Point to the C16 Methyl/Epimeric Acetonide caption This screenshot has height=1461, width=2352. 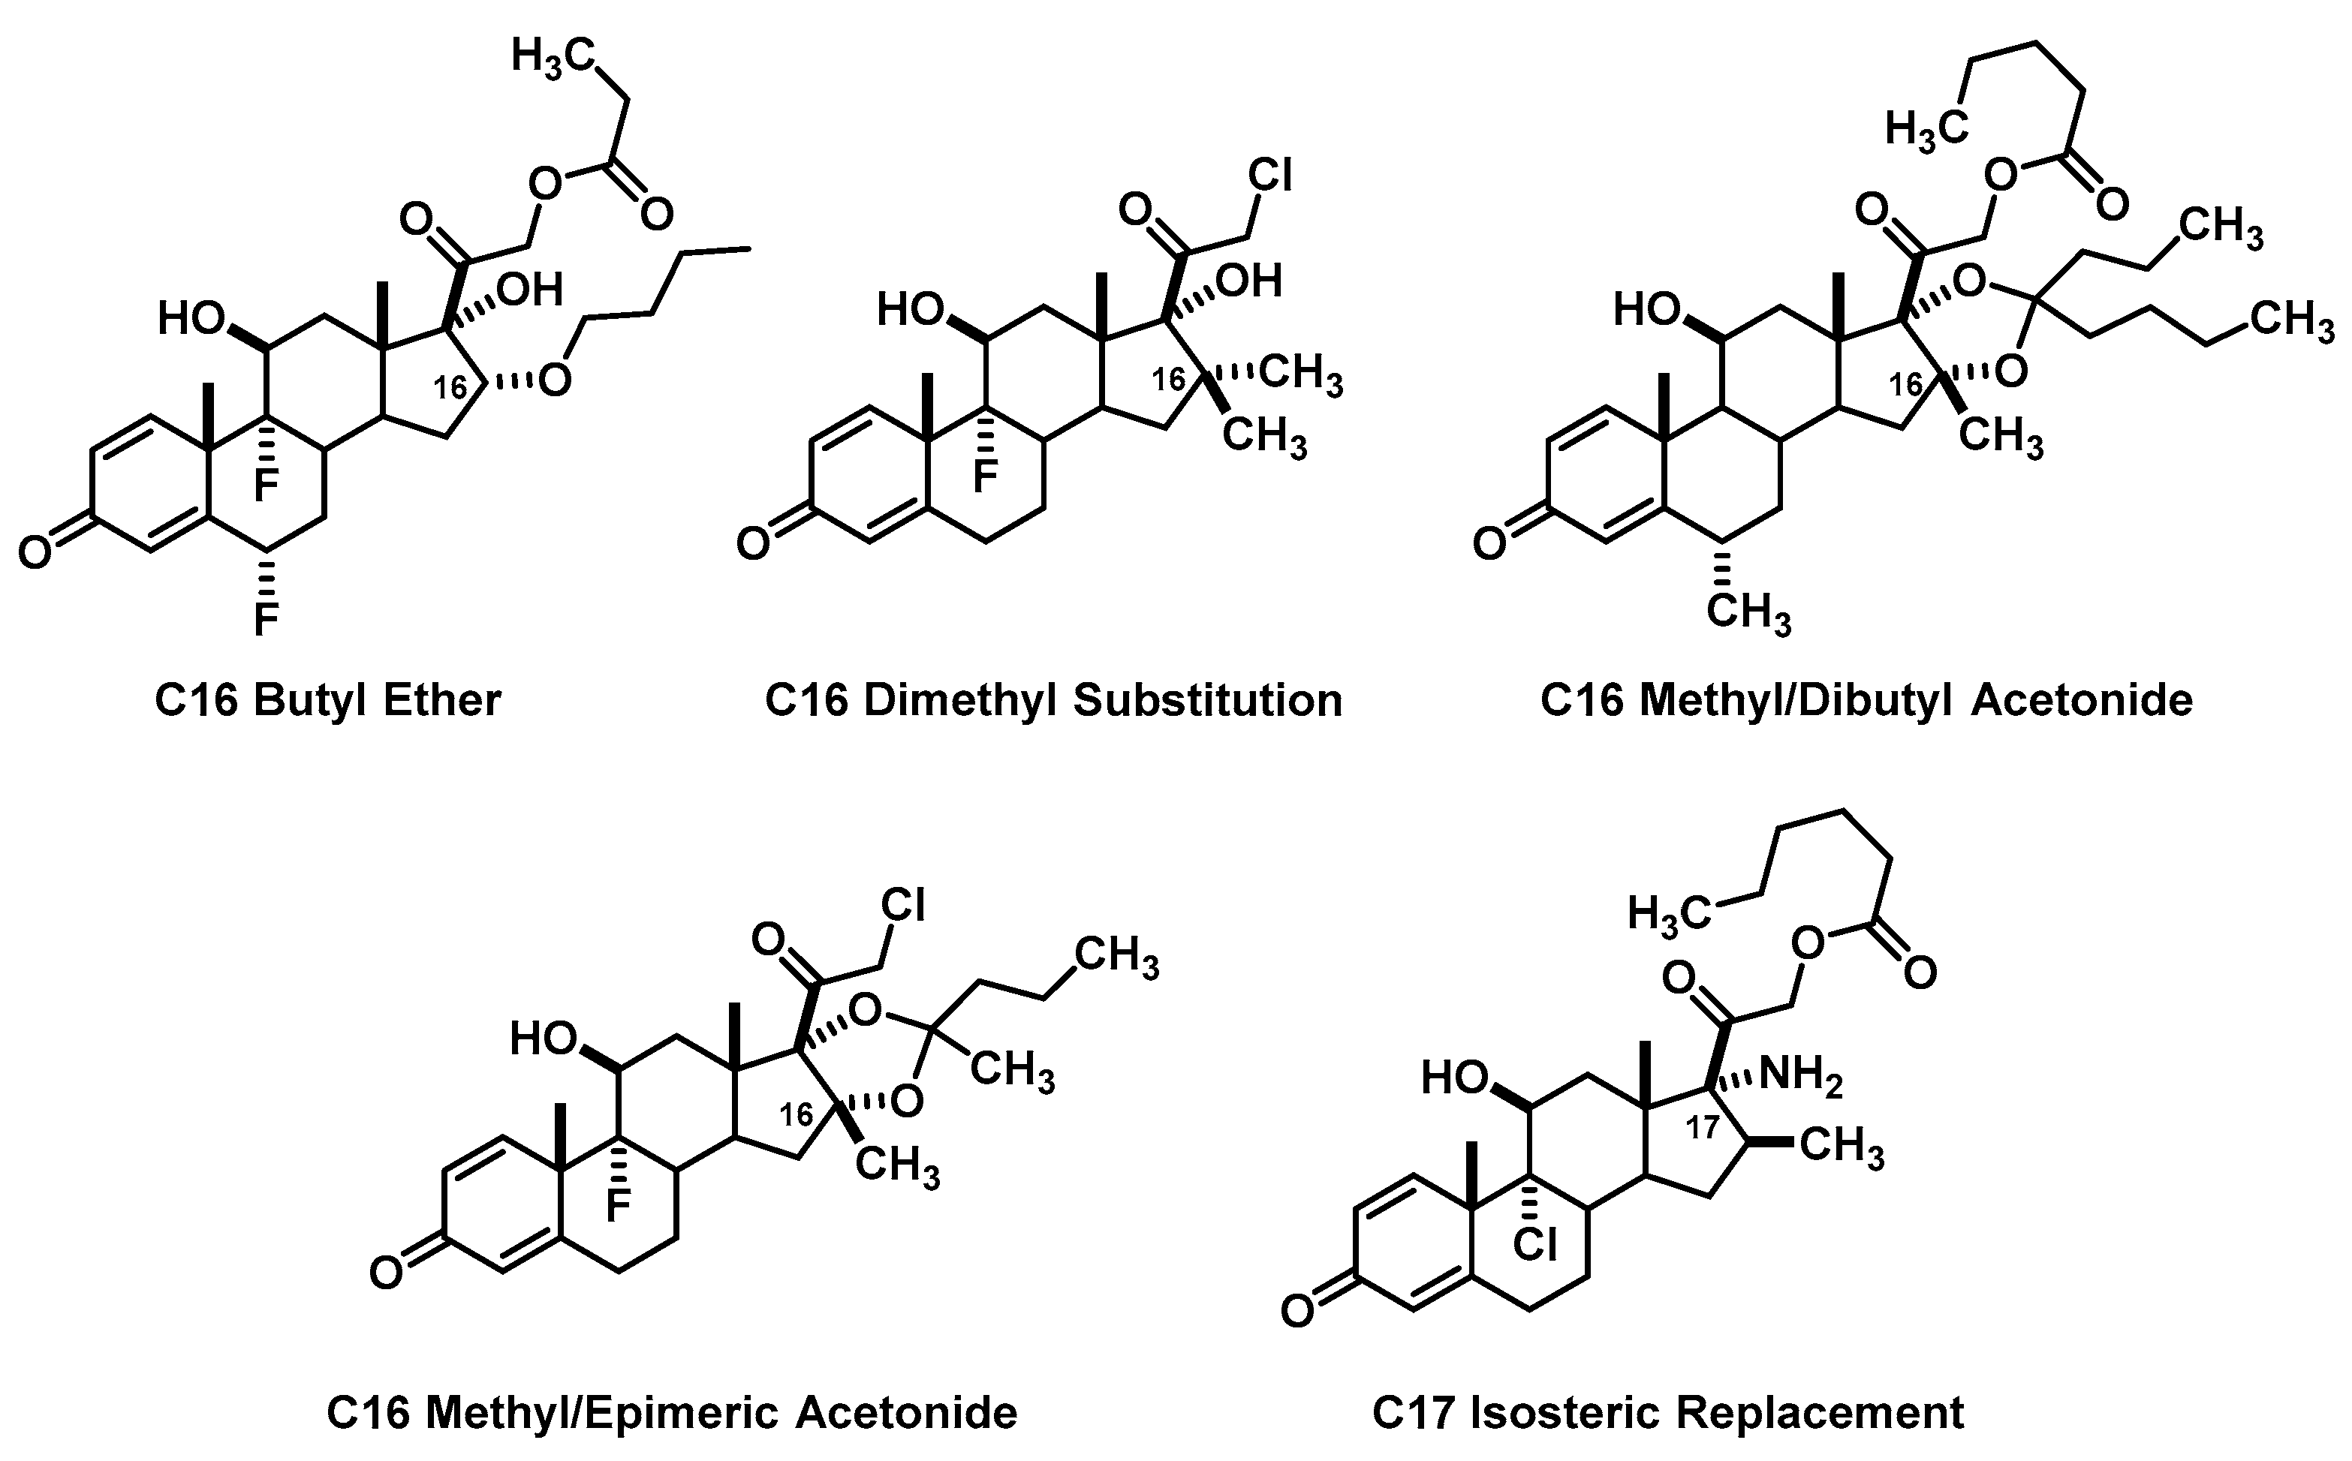pos(672,1413)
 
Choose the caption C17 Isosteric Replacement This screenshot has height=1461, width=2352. pos(1667,1413)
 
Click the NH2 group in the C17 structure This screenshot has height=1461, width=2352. pos(1800,1075)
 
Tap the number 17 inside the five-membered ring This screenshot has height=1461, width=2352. pos(1703,1128)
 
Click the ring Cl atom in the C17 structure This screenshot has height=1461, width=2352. pos(1536,1245)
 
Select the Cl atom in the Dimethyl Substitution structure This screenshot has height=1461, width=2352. pos(1269,176)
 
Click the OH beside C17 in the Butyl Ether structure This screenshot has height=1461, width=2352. pos(531,289)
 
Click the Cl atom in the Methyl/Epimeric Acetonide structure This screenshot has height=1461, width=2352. pos(903,906)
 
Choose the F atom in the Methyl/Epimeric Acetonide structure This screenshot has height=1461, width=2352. pos(617,1204)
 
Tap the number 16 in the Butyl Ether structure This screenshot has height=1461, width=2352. pos(450,387)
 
